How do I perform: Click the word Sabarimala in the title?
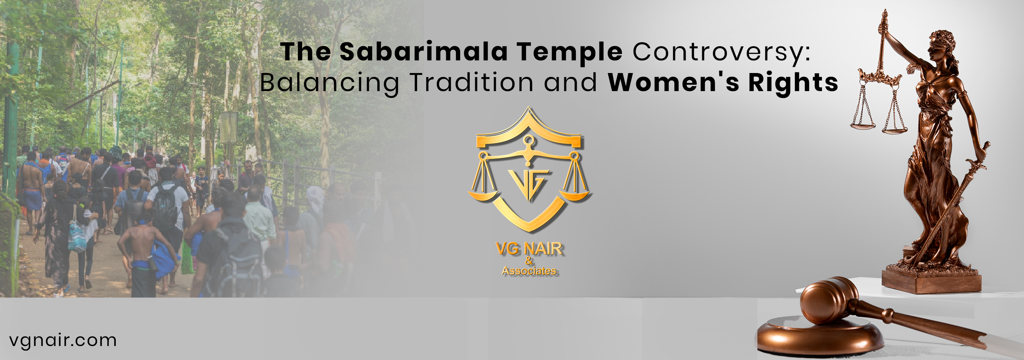(x=423, y=52)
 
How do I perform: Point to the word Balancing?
(x=329, y=83)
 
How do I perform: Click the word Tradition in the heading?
(x=471, y=82)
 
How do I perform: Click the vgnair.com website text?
(x=63, y=340)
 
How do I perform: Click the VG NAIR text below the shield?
(x=529, y=249)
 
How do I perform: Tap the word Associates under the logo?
(x=529, y=271)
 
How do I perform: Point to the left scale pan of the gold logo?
(x=483, y=195)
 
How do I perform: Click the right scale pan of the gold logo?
(x=575, y=195)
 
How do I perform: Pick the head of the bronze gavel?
(x=829, y=300)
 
